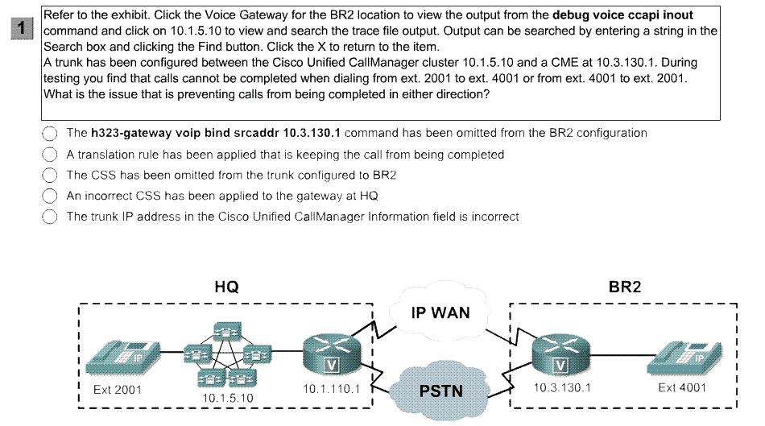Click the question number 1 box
[x=22, y=28]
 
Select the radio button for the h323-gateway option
[x=50, y=133]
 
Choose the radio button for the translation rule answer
[x=50, y=154]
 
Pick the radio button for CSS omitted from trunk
[x=50, y=175]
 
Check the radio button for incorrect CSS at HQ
[x=50, y=196]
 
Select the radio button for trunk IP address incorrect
[x=50, y=216]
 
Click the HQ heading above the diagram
[x=227, y=287]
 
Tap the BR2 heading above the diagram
[x=625, y=287]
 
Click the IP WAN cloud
[x=440, y=311]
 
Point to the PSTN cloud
[x=440, y=391]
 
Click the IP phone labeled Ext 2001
[x=123, y=358]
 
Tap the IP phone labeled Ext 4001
[x=684, y=358]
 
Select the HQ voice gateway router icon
[x=332, y=354]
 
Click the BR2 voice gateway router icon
[x=561, y=354]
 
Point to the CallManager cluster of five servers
[x=227, y=354]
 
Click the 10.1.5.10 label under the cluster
[x=228, y=398]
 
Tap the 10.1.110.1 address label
[x=331, y=389]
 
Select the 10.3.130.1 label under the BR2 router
[x=562, y=387]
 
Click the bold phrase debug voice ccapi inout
[x=622, y=15]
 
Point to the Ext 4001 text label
[x=682, y=387]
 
